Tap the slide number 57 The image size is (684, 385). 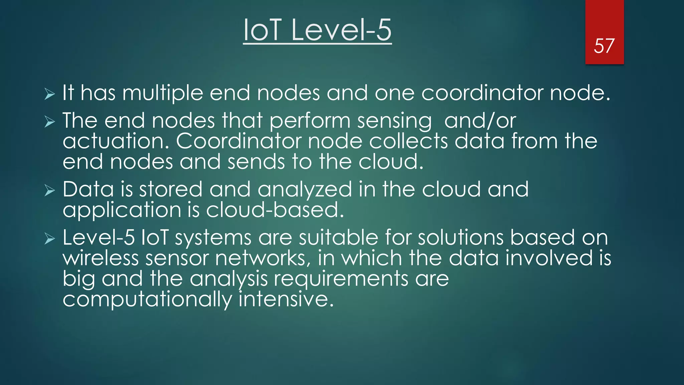(604, 46)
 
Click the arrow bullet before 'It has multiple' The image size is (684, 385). (49, 94)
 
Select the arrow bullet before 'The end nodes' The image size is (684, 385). (49, 122)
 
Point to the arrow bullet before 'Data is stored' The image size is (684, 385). (49, 191)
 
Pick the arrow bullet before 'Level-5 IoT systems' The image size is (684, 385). (49, 239)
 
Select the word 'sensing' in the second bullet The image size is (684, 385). (394, 121)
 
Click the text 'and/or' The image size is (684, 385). (480, 121)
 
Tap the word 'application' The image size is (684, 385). (122, 211)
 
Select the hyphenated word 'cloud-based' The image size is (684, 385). (275, 211)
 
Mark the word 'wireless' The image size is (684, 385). (101, 258)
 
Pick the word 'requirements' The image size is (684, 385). (341, 279)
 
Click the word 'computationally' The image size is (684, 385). (147, 300)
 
